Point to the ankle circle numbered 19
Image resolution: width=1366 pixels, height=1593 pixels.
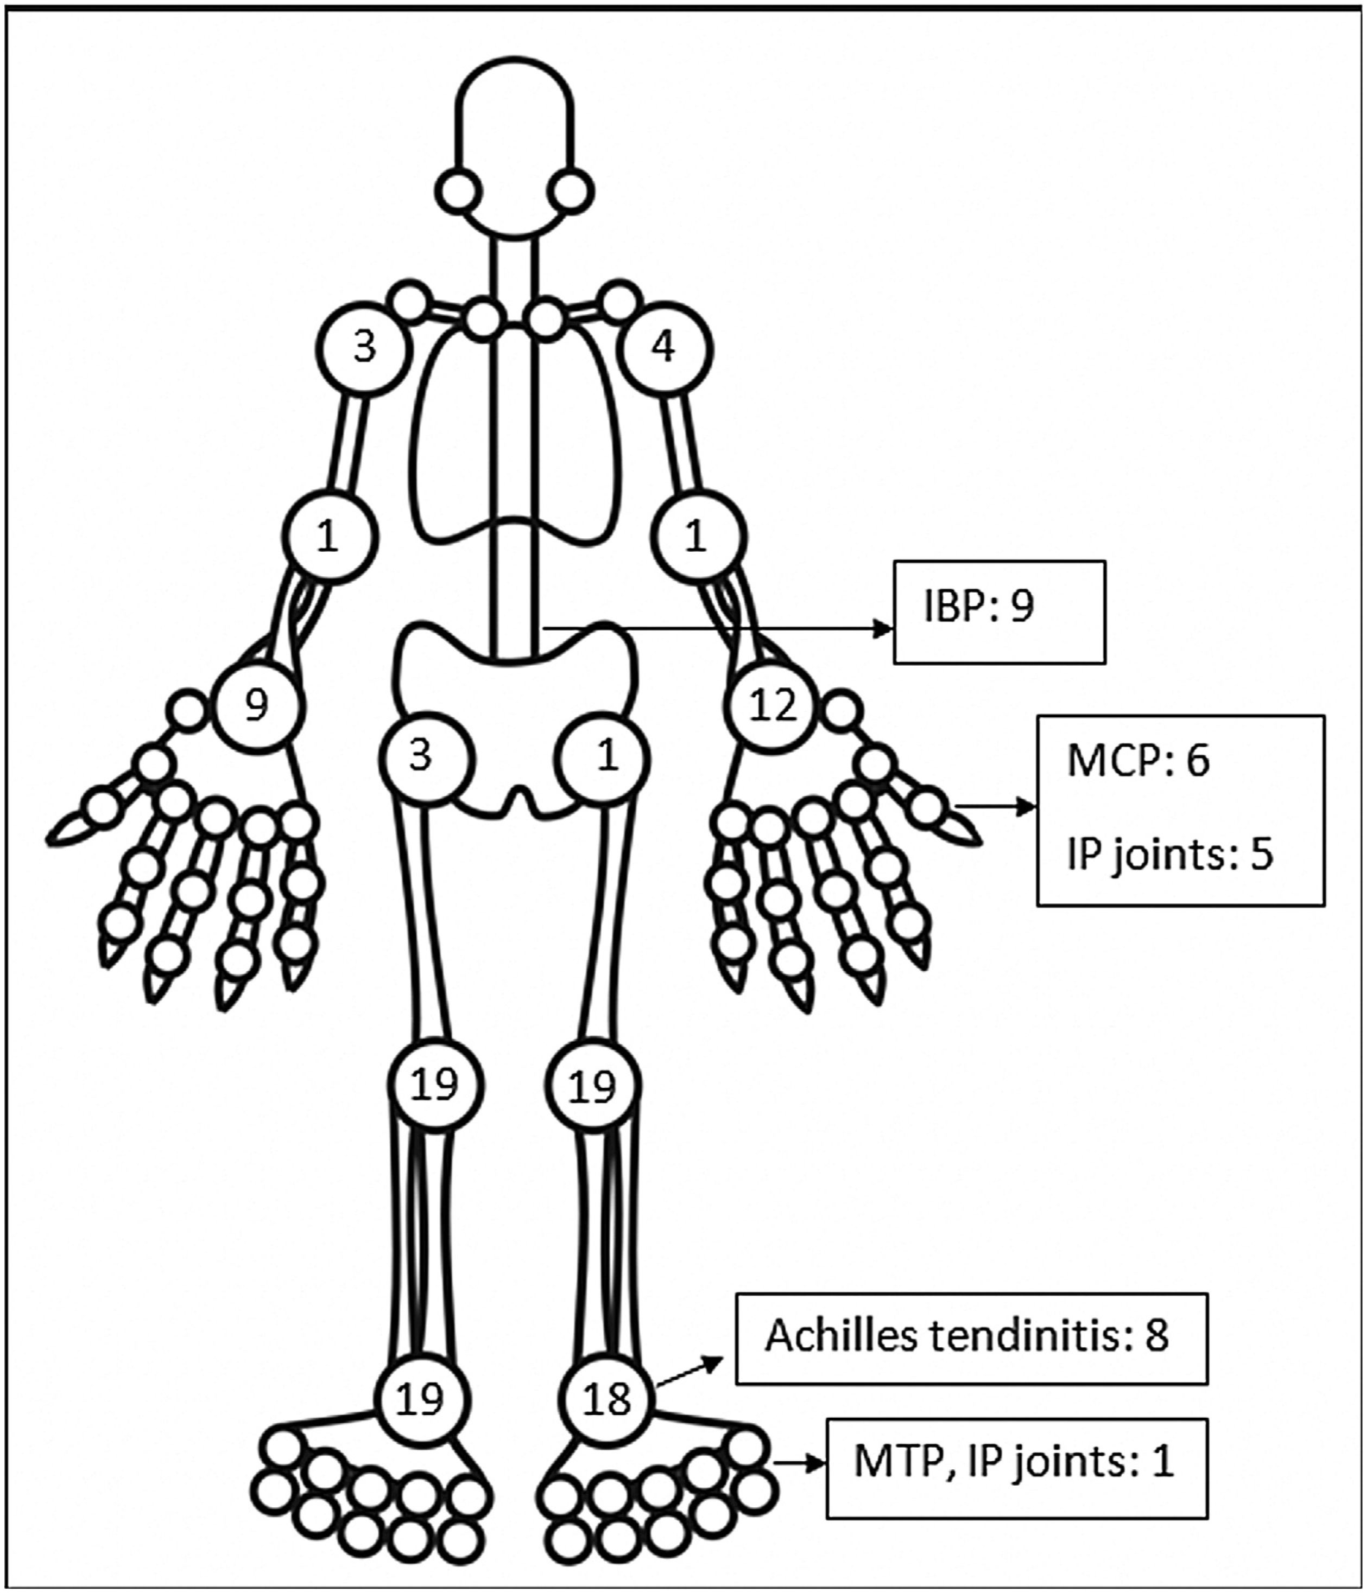point(421,1399)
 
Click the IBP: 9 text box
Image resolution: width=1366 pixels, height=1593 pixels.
point(998,611)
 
